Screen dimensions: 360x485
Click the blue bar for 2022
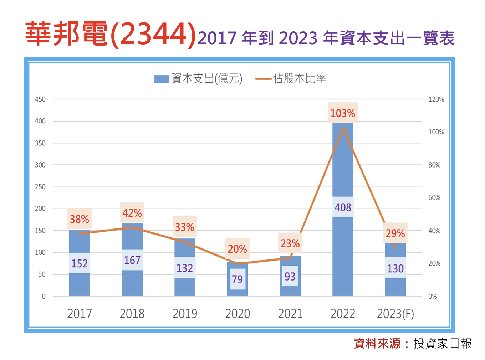(x=343, y=164)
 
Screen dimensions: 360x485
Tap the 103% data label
(x=343, y=113)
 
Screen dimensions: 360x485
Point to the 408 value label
(x=343, y=207)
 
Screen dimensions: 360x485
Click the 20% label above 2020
(x=238, y=249)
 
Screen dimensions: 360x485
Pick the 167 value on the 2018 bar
(x=132, y=260)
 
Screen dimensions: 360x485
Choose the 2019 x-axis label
(x=185, y=314)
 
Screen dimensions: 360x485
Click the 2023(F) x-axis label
(x=395, y=314)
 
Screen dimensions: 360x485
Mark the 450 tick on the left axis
(x=40, y=99)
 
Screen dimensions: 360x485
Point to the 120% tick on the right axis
(x=436, y=99)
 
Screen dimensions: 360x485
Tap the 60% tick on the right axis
(x=434, y=198)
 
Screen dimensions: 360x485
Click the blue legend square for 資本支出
(x=162, y=79)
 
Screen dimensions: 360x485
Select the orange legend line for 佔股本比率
(x=264, y=79)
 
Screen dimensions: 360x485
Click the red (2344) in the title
(x=153, y=35)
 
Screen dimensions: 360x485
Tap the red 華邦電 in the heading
(x=67, y=34)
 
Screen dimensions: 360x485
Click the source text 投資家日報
(x=443, y=344)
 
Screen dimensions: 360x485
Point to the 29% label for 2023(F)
(x=395, y=233)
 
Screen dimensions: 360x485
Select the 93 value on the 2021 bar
(x=290, y=276)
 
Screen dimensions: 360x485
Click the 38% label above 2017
(x=80, y=219)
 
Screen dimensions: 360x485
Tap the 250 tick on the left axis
(x=40, y=187)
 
